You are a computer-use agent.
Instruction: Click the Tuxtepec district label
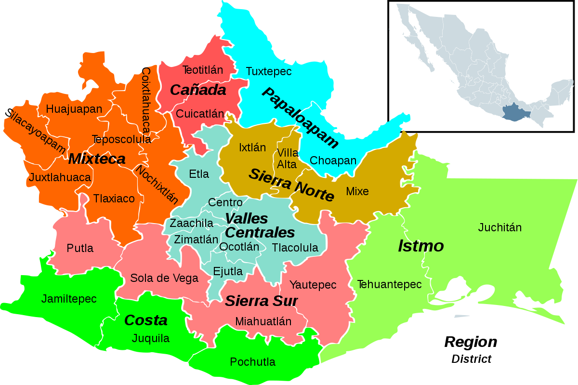[x=269, y=71]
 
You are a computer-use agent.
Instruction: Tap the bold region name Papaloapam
[x=301, y=118]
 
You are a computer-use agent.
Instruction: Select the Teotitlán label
[x=203, y=70]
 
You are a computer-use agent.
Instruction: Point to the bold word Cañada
[x=198, y=90]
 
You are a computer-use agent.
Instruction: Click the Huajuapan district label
[x=74, y=109]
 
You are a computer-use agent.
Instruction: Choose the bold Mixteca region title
[x=97, y=159]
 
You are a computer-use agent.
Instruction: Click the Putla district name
[x=80, y=249]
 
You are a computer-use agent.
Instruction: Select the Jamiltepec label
[x=69, y=299]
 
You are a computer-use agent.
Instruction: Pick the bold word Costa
[x=146, y=320]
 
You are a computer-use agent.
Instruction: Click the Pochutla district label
[x=253, y=362]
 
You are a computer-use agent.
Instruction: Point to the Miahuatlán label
[x=263, y=321]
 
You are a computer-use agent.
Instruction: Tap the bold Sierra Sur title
[x=261, y=301]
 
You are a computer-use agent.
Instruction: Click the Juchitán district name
[x=500, y=227]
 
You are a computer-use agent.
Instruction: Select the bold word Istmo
[x=420, y=246]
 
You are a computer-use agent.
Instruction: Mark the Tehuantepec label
[x=389, y=284]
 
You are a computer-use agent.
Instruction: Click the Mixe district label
[x=357, y=191]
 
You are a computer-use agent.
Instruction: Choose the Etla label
[x=199, y=174]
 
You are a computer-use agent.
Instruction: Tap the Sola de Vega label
[x=164, y=278]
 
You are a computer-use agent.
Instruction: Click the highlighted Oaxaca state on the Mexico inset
[x=516, y=113]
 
